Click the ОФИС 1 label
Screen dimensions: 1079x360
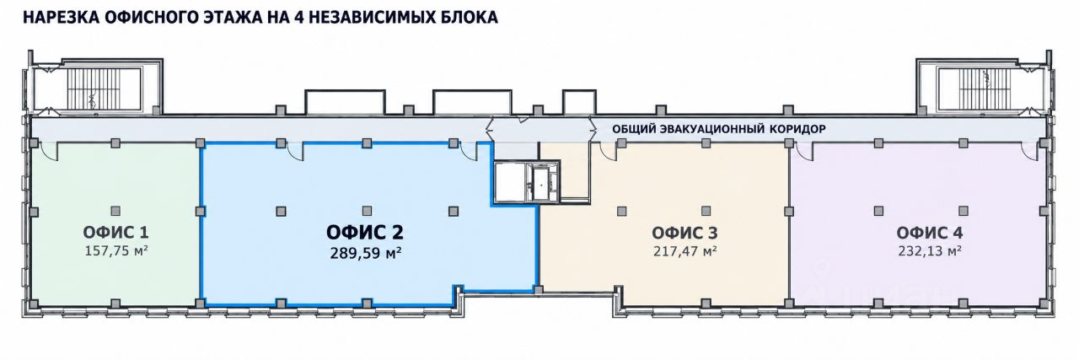(115, 233)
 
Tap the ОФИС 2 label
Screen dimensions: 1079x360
(365, 233)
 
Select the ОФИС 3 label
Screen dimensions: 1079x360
(684, 233)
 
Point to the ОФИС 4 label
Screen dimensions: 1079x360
(929, 233)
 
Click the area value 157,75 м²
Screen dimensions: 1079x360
(116, 251)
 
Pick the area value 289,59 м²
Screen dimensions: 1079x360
(366, 253)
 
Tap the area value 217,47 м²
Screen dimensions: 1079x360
(684, 251)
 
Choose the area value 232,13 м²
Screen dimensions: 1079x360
(929, 251)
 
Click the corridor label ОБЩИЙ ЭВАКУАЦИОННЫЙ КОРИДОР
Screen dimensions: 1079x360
(719, 129)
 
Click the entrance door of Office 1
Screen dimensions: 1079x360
(49, 151)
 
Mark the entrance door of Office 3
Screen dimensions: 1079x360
(608, 151)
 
